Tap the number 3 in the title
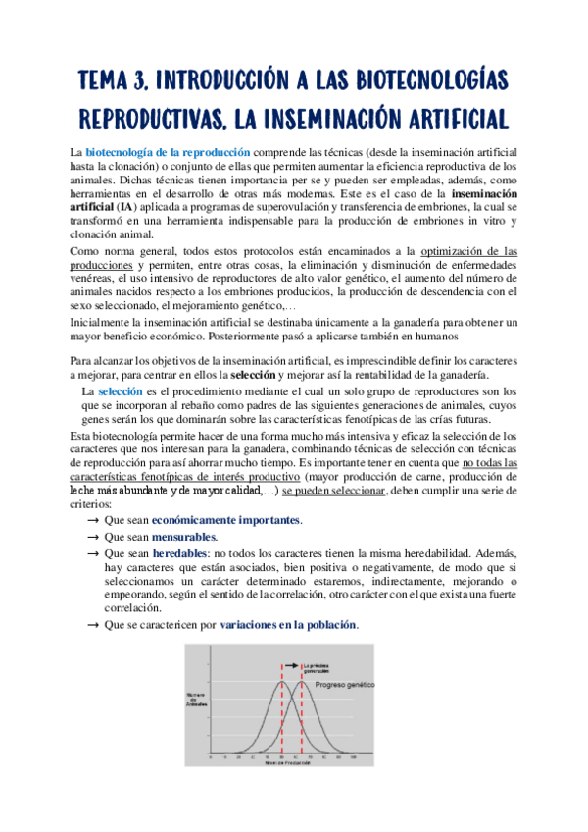click(x=141, y=80)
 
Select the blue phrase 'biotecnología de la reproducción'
click(x=169, y=153)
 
